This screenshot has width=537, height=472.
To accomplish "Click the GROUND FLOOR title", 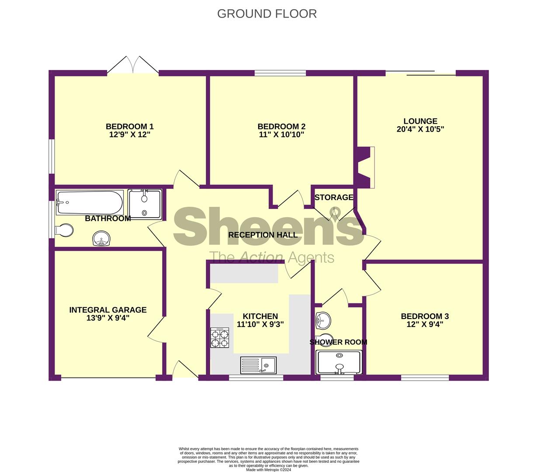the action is point(267,14).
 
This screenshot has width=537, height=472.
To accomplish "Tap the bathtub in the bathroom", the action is point(90,202).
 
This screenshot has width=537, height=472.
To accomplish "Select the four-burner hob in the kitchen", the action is point(220,337).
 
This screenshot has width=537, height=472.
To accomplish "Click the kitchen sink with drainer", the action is point(258,364).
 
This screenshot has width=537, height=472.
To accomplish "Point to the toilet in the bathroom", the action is point(64,230).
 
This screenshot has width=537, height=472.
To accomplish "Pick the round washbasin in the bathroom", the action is point(101,238).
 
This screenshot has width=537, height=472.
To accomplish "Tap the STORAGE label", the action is point(334,197).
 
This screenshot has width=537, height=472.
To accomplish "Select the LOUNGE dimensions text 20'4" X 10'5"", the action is point(420,129).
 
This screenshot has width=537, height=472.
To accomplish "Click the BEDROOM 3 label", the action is point(425,316).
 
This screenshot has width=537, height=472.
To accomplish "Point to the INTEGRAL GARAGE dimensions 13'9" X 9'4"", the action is point(108,318).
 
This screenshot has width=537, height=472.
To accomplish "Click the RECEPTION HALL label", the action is point(263,235).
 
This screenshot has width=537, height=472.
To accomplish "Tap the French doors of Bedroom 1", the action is point(133,65).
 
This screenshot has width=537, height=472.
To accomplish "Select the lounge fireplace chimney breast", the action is point(364,167).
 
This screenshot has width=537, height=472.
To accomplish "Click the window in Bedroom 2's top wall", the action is point(281,73).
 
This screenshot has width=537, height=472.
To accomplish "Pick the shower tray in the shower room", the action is point(339,362).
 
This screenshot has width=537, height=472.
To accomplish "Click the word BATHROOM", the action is point(108,219).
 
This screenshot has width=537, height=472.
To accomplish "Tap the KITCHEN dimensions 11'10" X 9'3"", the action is point(260,324).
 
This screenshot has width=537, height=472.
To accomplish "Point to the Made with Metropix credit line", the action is point(268,470).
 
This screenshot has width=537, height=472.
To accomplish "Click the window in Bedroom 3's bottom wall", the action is point(425,378).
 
